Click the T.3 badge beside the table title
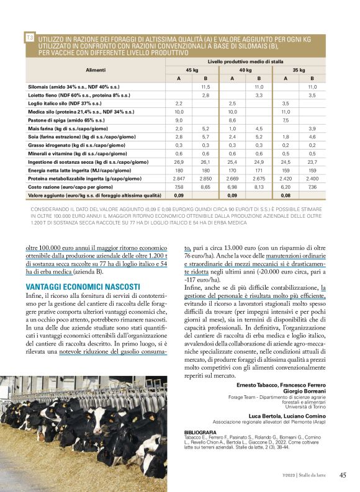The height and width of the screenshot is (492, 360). pos(30,38)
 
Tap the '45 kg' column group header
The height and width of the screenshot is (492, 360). pos(192,71)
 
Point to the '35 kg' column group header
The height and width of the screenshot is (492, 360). pos(299,71)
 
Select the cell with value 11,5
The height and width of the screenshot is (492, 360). pos(205,87)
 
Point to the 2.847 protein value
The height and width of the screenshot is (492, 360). pos(179,177)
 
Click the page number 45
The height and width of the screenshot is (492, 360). pos(343,475)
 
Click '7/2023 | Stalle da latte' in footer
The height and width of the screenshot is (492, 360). pos(304,476)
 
